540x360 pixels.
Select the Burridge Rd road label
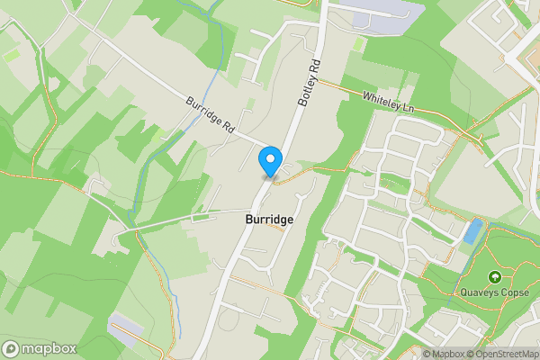pyautogui.click(x=211, y=116)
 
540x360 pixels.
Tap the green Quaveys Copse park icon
pyautogui.click(x=494, y=276)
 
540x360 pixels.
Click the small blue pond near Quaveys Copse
pyautogui.click(x=471, y=232)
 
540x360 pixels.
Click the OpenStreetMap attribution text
pyautogui.click(x=500, y=354)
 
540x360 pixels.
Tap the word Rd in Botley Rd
pyautogui.click(x=314, y=67)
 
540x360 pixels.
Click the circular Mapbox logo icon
pyautogui.click(x=11, y=348)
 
